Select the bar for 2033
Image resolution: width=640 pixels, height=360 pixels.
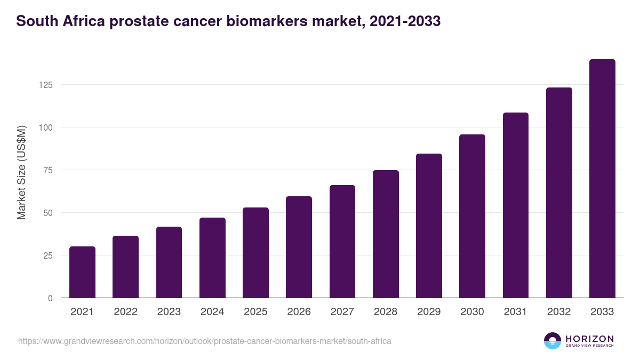coord(602,179)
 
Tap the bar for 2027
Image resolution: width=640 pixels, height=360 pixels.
coord(342,242)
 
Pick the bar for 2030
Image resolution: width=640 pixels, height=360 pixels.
coord(472,216)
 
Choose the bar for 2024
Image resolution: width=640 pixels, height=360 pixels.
coord(212,258)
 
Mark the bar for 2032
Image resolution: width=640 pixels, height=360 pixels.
coord(559,193)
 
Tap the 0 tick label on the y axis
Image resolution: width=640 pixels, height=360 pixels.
coord(50,298)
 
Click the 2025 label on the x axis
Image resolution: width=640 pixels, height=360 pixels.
coord(255,312)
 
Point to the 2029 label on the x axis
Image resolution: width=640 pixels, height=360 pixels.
coord(429,312)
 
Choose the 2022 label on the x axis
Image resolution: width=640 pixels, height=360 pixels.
coord(125,312)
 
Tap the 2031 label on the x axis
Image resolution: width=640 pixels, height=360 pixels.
coord(516,312)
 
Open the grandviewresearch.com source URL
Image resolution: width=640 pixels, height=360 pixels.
coord(204,341)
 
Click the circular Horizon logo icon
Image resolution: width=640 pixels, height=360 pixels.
coord(553,341)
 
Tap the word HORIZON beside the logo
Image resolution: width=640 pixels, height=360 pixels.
coord(589,339)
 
